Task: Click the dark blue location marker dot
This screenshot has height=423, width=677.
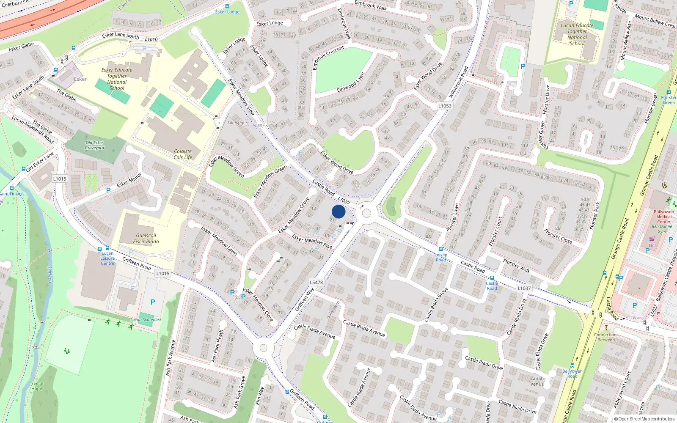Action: click(x=338, y=211)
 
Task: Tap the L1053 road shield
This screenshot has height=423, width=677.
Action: click(x=445, y=106)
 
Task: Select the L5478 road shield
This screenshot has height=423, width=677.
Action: click(x=316, y=282)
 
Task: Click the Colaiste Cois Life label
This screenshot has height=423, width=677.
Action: click(x=183, y=154)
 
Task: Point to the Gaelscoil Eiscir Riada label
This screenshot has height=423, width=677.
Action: click(x=146, y=239)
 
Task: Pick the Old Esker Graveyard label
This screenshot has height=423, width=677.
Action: click(x=94, y=145)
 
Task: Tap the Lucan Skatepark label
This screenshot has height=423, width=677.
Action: click(x=146, y=320)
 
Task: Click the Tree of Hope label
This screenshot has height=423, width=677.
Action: click(x=36, y=386)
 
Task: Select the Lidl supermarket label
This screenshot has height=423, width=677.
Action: click(x=652, y=245)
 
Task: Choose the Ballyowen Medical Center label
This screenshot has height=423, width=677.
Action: click(x=663, y=217)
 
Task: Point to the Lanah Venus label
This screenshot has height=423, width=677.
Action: click(x=537, y=381)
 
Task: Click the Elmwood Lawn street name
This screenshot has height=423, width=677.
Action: click(x=351, y=82)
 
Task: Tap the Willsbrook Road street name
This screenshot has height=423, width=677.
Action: click(x=458, y=82)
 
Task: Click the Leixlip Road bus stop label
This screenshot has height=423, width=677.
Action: click(x=441, y=257)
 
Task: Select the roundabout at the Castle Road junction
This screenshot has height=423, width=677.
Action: click(x=366, y=214)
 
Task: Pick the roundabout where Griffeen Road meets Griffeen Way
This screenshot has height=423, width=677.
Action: click(x=264, y=348)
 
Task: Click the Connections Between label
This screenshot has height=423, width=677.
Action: click(x=606, y=337)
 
